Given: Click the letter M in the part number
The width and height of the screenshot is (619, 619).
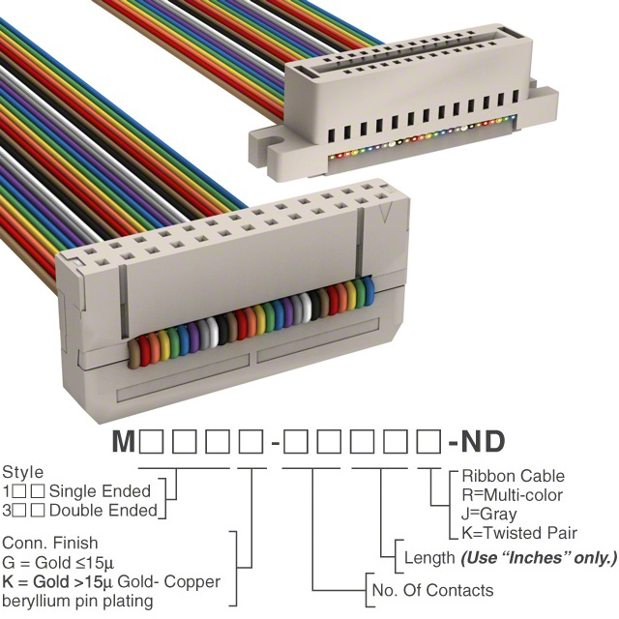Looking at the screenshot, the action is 124,441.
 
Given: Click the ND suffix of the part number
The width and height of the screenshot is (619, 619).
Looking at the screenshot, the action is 484,441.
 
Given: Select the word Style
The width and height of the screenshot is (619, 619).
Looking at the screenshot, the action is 23,473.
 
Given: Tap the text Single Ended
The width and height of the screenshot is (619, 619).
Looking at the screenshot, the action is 100,491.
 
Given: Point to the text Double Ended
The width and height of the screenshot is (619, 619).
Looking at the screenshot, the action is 103,511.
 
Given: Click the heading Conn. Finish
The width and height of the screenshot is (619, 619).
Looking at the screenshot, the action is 49,543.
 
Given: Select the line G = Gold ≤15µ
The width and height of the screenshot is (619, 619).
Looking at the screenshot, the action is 58,563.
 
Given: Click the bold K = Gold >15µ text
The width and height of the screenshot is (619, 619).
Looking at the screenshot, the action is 58,582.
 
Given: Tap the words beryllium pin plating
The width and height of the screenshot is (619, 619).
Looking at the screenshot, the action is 77,602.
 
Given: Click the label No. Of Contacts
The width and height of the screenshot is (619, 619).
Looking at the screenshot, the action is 432,590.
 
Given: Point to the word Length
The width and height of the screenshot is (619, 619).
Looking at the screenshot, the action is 429,558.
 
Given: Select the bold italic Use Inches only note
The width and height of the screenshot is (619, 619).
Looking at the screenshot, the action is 539,558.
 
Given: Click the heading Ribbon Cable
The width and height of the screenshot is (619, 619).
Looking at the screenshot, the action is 514,476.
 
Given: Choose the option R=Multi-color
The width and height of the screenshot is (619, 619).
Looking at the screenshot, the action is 512,495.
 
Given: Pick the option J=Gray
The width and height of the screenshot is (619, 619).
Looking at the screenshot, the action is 489,514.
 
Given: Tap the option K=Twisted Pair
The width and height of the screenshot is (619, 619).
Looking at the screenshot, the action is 519,533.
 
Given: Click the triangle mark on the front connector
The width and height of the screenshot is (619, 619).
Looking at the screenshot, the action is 386,213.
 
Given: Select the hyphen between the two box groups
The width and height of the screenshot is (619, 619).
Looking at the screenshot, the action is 275,444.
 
